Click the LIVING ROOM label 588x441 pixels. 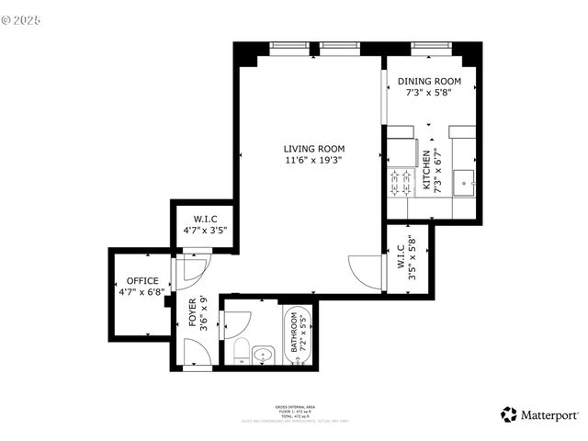point(313,149)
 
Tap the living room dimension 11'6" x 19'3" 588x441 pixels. point(313,161)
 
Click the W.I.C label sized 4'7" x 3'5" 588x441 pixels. point(204,220)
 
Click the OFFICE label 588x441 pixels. point(142,281)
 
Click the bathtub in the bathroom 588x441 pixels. point(299,334)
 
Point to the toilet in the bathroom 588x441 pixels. point(239,350)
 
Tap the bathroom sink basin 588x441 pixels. point(263,354)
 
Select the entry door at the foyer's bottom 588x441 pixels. point(197,354)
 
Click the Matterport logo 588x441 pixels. point(539,414)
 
